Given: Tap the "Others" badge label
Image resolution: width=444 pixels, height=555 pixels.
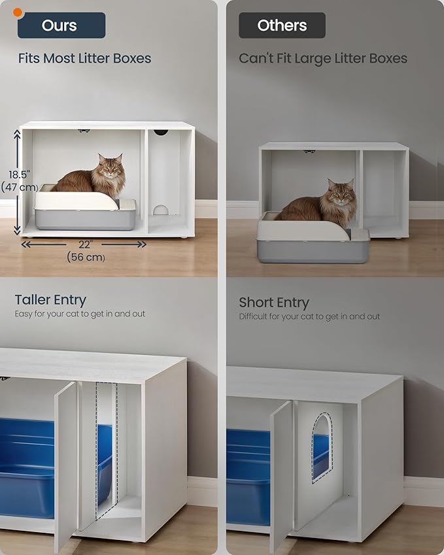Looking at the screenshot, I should pyautogui.click(x=282, y=25).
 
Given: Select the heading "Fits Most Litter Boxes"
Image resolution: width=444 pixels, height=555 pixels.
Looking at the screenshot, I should pyautogui.click(x=84, y=58).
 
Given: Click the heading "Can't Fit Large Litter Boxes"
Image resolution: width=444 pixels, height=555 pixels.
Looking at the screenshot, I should pyautogui.click(x=322, y=58).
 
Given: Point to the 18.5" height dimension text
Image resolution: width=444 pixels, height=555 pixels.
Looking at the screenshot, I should pyautogui.click(x=20, y=175).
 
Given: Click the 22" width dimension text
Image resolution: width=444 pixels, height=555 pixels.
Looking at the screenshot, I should pyautogui.click(x=84, y=243).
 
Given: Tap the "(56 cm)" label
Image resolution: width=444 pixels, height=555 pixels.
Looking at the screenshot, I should pyautogui.click(x=86, y=257).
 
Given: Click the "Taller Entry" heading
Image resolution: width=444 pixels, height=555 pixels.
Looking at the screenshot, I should pyautogui.click(x=50, y=300).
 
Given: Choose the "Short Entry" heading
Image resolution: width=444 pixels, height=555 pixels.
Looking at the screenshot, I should pyautogui.click(x=273, y=303).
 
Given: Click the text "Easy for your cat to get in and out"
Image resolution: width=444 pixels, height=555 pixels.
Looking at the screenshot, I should pyautogui.click(x=80, y=314).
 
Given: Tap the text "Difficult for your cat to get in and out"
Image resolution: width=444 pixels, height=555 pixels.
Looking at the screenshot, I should pyautogui.click(x=309, y=316).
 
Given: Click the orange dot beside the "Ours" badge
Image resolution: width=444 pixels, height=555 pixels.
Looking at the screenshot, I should pyautogui.click(x=18, y=12).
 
